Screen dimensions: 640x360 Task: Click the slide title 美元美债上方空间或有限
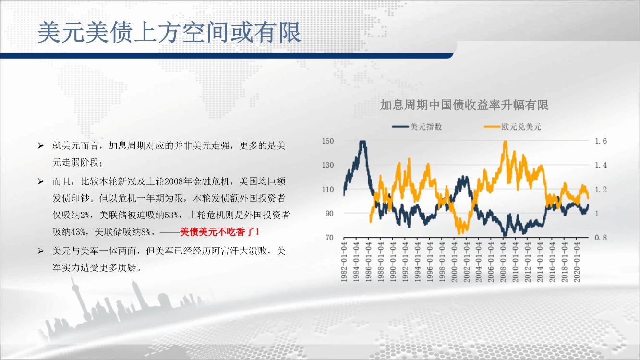(x=169, y=32)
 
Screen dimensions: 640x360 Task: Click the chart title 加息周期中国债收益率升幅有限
(x=464, y=105)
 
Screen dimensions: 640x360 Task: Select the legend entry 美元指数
(x=417, y=127)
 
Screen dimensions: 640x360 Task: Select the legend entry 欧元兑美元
(x=512, y=127)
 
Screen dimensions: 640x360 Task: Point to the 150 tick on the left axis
(x=328, y=141)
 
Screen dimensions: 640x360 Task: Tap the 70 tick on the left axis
(x=329, y=238)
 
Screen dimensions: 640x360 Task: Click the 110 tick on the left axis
(x=328, y=189)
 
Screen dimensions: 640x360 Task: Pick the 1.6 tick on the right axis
(x=601, y=141)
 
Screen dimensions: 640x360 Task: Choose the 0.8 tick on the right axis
(x=601, y=238)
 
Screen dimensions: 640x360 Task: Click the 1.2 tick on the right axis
(x=601, y=189)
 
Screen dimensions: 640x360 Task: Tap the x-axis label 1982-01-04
(x=344, y=262)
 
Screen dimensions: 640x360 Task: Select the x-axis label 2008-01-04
(x=503, y=262)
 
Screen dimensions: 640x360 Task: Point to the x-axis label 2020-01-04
(x=577, y=262)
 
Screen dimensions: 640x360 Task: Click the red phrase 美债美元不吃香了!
(x=219, y=232)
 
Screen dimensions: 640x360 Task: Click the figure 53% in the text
(x=171, y=215)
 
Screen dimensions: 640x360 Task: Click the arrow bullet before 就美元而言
(x=41, y=146)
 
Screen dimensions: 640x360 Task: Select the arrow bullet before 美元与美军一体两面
(x=41, y=251)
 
